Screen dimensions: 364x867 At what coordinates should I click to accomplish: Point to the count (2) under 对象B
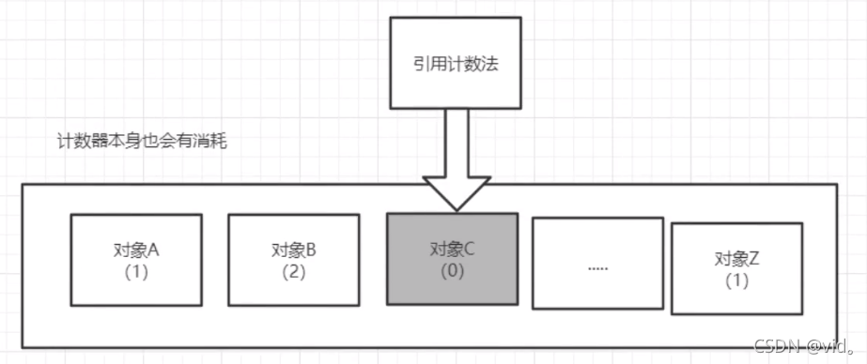pyautogui.click(x=293, y=272)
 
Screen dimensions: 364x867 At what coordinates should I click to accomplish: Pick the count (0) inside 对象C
pyautogui.click(x=452, y=272)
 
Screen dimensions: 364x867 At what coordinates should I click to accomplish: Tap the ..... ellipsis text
pyautogui.click(x=597, y=267)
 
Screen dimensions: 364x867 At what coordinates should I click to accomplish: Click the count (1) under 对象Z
pyautogui.click(x=735, y=281)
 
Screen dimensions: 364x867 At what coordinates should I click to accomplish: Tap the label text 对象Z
pyautogui.click(x=735, y=259)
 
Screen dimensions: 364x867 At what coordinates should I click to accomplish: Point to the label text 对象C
pyautogui.click(x=452, y=250)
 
